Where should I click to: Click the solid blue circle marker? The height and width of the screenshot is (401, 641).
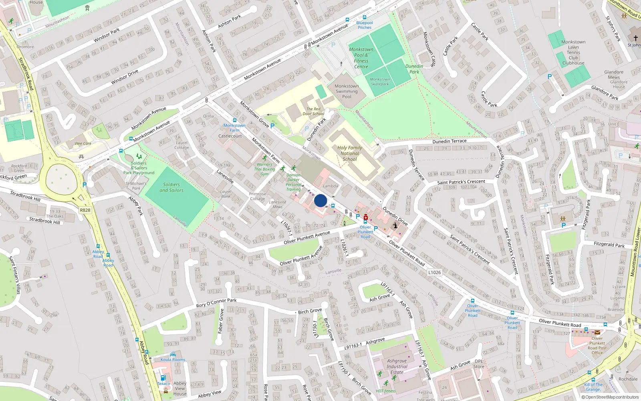(320, 200)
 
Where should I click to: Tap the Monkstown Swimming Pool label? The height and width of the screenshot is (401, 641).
(347, 91)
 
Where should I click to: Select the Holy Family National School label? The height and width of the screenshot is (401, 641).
(349, 153)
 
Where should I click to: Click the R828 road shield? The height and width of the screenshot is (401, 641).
(85, 210)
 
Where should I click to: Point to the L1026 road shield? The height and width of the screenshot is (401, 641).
(434, 273)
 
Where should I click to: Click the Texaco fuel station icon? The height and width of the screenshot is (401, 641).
(163, 378)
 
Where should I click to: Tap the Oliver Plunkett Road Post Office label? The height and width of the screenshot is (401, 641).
(597, 345)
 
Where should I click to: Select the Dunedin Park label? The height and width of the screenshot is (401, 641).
(414, 69)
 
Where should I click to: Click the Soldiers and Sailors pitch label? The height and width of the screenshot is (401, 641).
(171, 187)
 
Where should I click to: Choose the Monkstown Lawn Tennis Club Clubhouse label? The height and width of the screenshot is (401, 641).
(573, 53)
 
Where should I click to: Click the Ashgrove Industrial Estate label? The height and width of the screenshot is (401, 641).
(397, 367)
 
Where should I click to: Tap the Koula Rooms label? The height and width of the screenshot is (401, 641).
(173, 360)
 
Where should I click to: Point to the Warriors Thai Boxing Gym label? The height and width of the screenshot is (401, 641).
(264, 169)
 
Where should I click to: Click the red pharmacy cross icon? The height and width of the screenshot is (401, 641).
(365, 217)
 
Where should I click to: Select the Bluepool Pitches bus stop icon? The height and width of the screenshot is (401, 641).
(364, 17)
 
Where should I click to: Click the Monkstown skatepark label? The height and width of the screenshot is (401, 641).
(380, 82)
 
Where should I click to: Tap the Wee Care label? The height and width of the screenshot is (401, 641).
(83, 144)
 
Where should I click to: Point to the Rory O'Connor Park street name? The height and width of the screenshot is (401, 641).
(216, 303)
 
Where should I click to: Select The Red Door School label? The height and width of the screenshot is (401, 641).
(313, 111)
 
